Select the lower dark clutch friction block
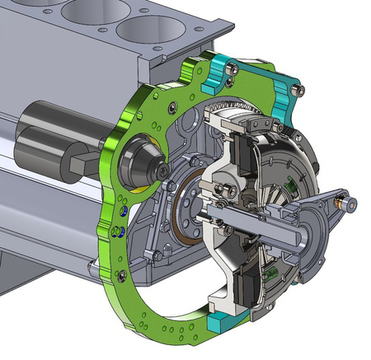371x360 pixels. [x=246, y=284]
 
